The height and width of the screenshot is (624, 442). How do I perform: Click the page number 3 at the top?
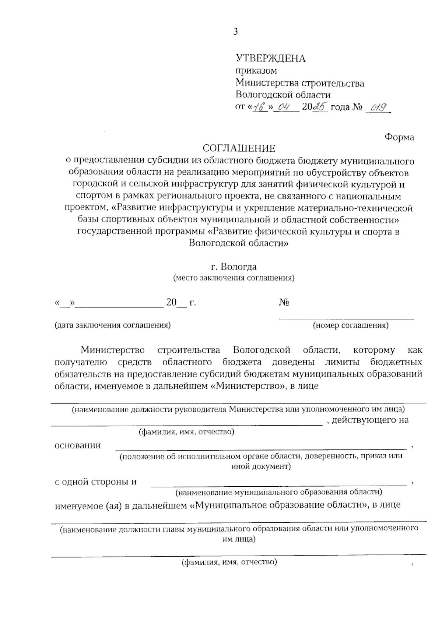235,32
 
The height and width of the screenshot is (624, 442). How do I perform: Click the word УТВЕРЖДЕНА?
270,58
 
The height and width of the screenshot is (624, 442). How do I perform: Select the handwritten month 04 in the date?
284,107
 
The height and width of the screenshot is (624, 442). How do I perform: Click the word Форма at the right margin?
399,137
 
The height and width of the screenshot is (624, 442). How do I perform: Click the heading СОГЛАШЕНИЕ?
239,149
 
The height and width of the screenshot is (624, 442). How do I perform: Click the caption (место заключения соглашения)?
234,278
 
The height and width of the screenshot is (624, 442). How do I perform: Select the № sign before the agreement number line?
284,303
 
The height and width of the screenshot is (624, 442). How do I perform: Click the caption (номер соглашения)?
350,325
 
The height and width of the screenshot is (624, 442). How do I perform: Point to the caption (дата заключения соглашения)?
112,325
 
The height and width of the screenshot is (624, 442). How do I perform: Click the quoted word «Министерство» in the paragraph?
247,386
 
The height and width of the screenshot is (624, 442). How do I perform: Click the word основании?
77,445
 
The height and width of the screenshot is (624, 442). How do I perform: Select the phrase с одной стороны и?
95,482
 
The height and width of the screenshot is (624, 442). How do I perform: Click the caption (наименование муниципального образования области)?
278,492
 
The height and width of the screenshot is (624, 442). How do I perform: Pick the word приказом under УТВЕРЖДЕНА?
256,71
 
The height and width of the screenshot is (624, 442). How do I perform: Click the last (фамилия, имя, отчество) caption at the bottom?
229,562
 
